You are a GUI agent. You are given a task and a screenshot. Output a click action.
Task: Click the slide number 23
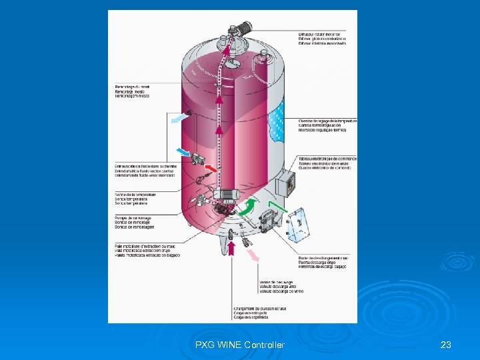[446, 345]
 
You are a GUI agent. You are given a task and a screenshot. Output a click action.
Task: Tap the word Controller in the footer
[264, 345]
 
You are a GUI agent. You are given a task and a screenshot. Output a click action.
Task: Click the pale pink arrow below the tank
[251, 257]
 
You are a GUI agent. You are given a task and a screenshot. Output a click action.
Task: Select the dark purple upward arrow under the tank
[232, 249]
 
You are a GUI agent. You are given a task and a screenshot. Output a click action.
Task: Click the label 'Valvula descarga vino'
[281, 287]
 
